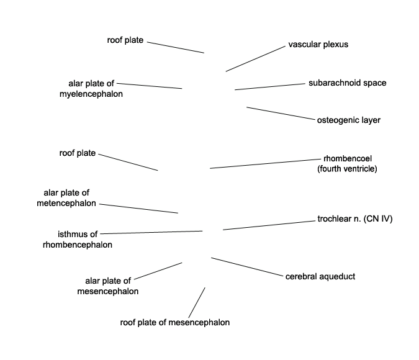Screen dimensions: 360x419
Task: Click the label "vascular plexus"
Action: point(318,45)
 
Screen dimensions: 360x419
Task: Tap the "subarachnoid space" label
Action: point(347,83)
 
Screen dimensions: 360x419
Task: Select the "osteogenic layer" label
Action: point(348,120)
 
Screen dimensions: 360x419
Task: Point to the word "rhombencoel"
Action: point(348,158)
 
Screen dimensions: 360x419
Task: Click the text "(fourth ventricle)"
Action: point(347,168)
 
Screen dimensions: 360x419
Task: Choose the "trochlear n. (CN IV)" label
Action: point(355,219)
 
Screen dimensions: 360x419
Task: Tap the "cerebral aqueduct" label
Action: point(320,276)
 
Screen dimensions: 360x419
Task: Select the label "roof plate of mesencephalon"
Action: point(174,322)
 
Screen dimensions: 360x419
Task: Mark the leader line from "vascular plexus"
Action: point(255,58)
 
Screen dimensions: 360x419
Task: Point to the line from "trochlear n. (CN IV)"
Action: point(268,225)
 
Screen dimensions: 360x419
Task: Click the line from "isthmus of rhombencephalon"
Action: point(151,232)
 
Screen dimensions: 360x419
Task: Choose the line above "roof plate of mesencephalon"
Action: point(196,302)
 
